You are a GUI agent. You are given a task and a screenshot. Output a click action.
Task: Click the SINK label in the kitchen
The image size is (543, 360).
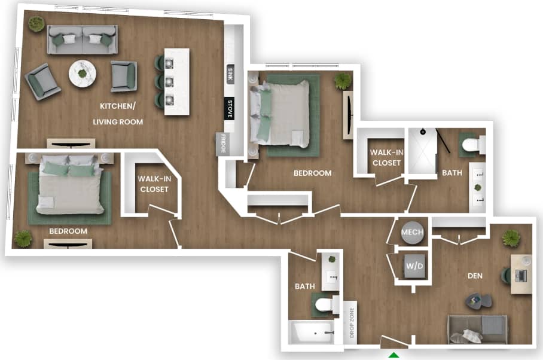230,75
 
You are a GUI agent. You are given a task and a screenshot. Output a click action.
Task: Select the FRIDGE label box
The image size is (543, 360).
222,144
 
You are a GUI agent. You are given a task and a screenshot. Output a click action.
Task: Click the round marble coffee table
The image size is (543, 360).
83,74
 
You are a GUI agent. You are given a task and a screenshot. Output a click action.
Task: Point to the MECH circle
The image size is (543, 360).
412,232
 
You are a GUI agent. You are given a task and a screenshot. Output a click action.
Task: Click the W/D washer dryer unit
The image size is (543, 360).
414,266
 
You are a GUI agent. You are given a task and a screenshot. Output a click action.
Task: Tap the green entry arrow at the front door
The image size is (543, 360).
394,355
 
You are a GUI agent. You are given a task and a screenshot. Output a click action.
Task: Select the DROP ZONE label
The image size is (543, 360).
352,322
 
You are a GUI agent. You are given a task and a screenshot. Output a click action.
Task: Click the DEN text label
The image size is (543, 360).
474,276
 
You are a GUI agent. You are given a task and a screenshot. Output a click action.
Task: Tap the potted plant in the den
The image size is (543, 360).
511,237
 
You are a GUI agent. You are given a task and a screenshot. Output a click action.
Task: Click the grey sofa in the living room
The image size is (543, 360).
83,39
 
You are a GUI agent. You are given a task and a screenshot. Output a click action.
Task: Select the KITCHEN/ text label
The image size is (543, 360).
118,106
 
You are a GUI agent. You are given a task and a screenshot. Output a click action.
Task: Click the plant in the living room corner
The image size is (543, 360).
36,24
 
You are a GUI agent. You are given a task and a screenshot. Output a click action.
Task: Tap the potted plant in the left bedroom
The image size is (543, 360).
23,239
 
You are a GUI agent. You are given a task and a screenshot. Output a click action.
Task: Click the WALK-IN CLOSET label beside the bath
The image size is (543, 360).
386,157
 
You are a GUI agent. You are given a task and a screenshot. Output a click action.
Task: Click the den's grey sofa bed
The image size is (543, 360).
478,328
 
